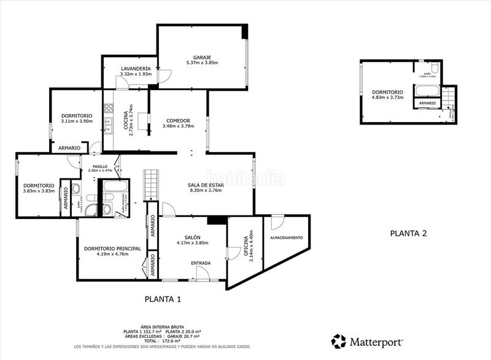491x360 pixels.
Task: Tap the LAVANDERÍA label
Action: [118, 68]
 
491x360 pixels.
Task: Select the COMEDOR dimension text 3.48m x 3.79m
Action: [178, 126]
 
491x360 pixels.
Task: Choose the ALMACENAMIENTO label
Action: [286, 237]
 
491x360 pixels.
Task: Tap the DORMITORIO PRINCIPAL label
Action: [112, 248]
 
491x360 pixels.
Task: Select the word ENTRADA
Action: [201, 263]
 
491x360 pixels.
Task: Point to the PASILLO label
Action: [100, 166]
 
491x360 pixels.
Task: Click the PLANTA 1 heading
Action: [163, 299]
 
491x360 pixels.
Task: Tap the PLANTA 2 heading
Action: [408, 233]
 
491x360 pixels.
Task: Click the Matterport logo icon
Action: [338, 341]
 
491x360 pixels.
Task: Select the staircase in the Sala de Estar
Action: [150, 185]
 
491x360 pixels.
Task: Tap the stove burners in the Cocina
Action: [109, 110]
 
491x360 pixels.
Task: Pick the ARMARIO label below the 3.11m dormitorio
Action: [69, 148]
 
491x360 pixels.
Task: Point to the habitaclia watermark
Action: [245, 178]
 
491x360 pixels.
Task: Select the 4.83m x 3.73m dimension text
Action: [387, 98]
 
